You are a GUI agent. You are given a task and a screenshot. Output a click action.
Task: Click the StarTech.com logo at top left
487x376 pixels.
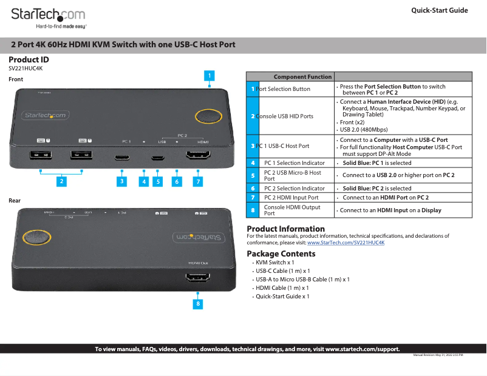coord(49,15)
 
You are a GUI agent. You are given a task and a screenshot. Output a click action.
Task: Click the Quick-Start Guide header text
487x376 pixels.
coord(439,10)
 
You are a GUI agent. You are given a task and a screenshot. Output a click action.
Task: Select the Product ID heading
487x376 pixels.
coord(29,59)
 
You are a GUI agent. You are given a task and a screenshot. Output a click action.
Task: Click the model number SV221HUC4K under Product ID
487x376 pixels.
coord(26,69)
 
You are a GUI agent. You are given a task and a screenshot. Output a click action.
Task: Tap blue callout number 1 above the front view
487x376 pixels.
coord(209,76)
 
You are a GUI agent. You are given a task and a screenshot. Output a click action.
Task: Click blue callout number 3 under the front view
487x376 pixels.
coord(122,181)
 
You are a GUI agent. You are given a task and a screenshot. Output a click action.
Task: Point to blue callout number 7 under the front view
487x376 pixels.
coord(198,181)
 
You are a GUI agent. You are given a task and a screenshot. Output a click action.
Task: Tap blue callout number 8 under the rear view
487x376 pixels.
coord(197,303)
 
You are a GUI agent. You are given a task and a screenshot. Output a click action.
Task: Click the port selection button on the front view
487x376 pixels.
coord(208,118)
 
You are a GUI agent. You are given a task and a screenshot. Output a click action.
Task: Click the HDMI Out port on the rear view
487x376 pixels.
coord(198,280)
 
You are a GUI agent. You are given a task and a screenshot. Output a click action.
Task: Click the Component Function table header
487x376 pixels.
coord(302,77)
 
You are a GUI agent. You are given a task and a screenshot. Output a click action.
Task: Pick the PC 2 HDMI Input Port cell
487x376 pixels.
coord(291,198)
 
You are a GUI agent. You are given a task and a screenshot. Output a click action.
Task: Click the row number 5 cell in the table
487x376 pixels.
coord(253,176)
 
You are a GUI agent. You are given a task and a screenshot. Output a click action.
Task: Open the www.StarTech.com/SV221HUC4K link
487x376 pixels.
coord(346,243)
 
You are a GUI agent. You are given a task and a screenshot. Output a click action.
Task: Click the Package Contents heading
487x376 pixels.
coord(281,253)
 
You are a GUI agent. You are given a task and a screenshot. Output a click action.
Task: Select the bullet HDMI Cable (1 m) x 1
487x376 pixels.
coord(282,288)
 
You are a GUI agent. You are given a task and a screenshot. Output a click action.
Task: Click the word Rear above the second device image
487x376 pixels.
coord(15,200)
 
